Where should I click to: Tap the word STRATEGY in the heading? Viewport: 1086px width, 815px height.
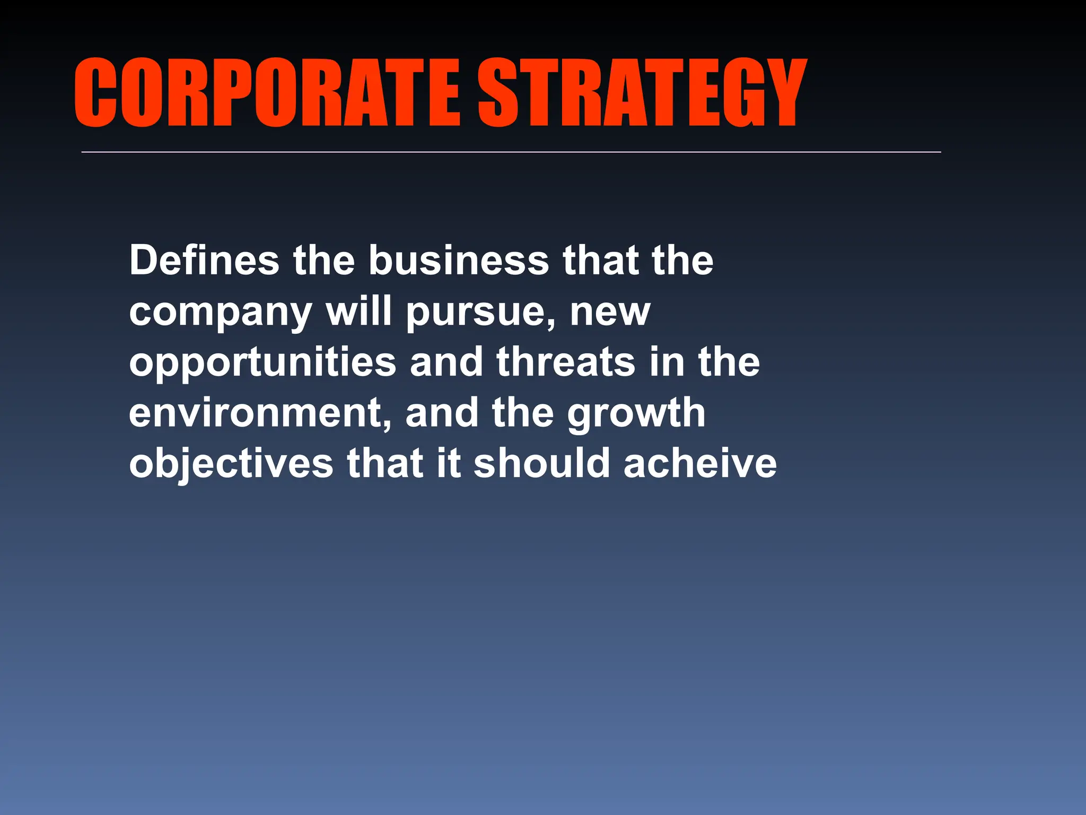[642, 93]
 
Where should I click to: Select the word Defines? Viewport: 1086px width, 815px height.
[204, 260]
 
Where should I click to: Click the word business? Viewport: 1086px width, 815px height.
[459, 260]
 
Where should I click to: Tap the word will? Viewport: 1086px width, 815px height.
[359, 311]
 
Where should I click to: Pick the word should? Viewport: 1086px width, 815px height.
[541, 463]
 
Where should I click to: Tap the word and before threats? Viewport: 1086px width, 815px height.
[446, 362]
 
